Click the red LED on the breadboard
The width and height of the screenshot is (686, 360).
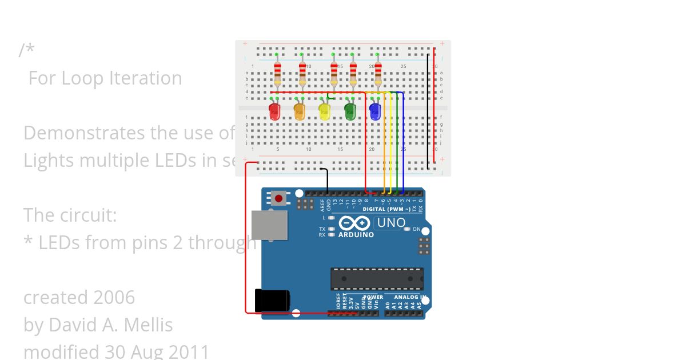(x=274, y=111)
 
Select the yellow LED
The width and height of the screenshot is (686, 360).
(x=325, y=111)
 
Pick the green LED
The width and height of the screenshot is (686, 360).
(x=350, y=111)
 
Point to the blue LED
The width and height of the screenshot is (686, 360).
(x=375, y=111)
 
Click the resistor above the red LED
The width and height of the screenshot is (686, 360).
(x=277, y=71)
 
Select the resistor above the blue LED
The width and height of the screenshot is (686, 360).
(x=378, y=71)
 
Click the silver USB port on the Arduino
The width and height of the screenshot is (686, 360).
(x=270, y=225)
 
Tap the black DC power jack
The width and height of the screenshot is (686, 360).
(x=272, y=301)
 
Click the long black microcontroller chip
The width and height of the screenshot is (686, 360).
(x=377, y=278)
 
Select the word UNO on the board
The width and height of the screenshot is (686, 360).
(x=392, y=223)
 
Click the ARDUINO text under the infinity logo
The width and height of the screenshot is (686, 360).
(x=356, y=235)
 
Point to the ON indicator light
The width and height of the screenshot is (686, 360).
(x=408, y=229)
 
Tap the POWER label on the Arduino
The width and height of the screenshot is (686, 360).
(x=374, y=297)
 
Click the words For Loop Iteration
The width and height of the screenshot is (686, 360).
(x=105, y=78)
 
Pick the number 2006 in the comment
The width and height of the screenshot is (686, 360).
(x=114, y=298)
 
